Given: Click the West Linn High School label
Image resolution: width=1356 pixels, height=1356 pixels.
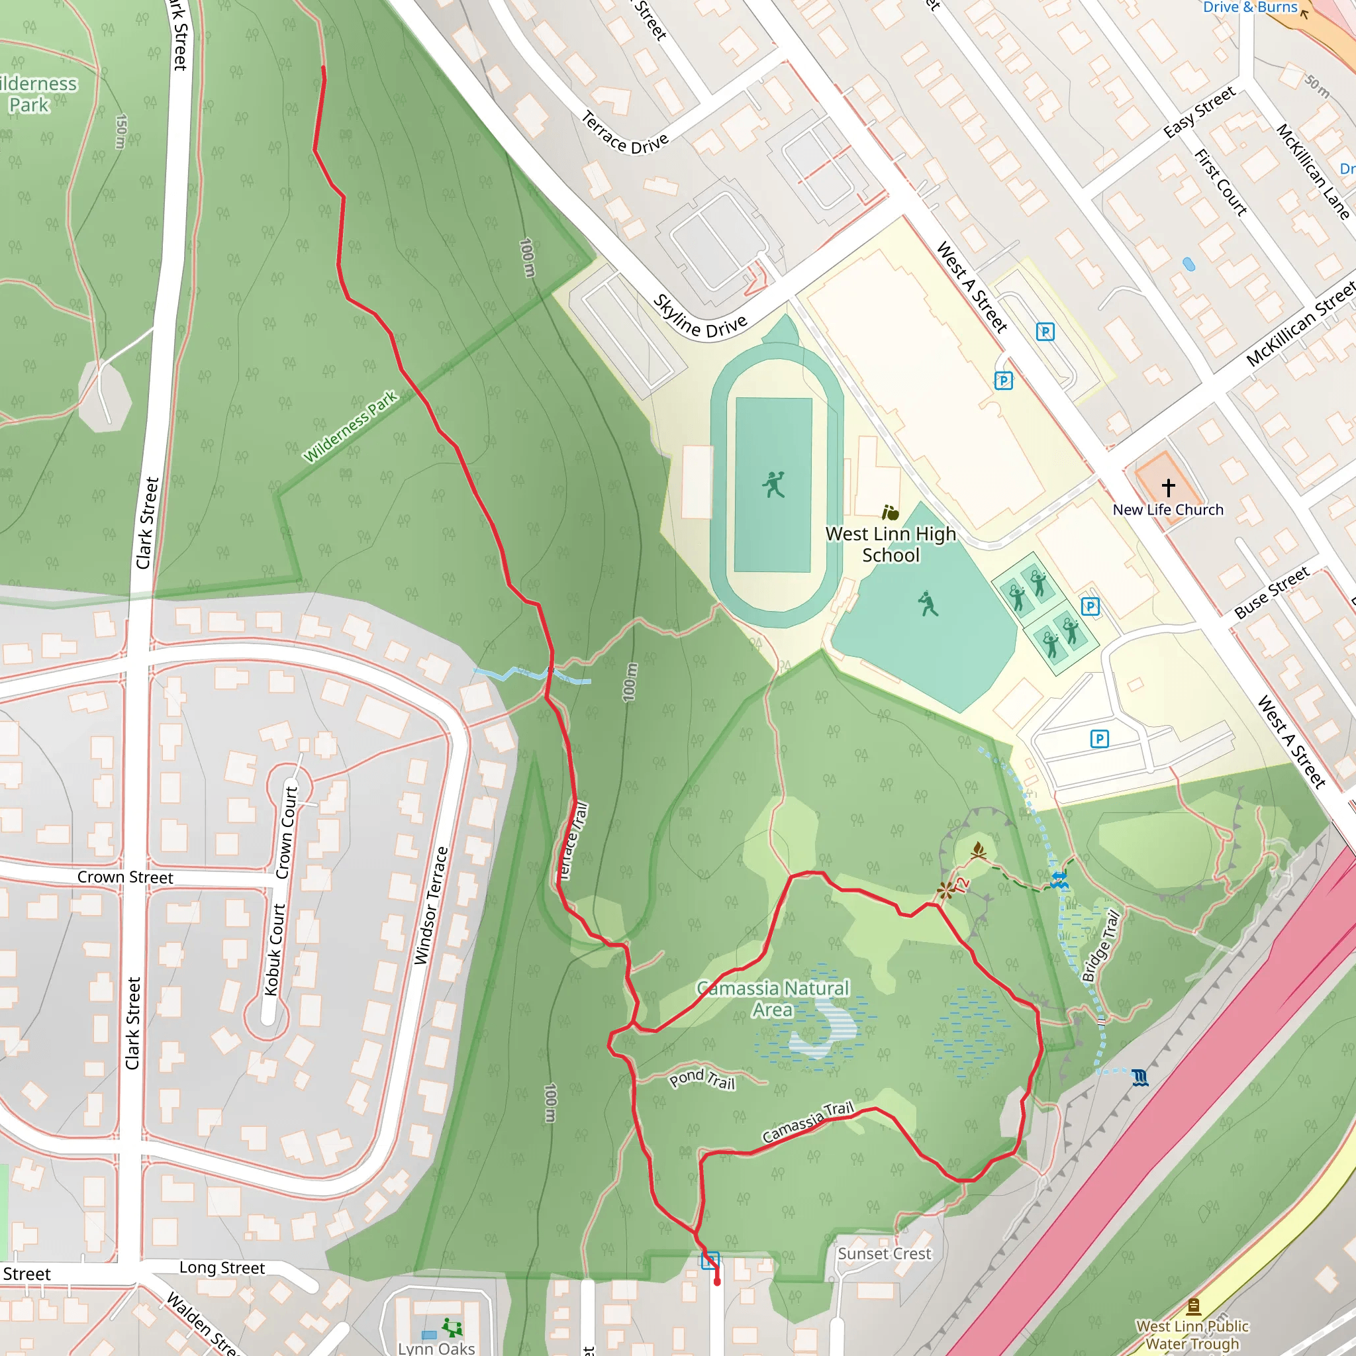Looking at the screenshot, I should pos(891,544).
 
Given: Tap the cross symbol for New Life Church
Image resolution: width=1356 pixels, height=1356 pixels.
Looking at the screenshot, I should pos(1168,487).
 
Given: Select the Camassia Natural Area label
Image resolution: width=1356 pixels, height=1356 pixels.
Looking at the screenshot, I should pos(773,998).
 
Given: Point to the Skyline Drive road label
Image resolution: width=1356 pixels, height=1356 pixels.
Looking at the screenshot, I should pos(700,317).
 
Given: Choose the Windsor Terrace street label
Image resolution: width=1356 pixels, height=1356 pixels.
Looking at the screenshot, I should pos(431,905).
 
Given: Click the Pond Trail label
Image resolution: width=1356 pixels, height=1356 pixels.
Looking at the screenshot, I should pos(702,1079).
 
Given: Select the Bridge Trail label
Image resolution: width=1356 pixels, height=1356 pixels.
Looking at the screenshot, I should pos(1100,945).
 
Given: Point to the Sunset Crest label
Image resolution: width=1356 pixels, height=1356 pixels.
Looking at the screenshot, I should pos(885,1253).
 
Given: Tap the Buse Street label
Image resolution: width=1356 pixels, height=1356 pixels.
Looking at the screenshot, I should pos(1272,593).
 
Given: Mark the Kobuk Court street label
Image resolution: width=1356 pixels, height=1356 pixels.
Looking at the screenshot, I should pos(275,949).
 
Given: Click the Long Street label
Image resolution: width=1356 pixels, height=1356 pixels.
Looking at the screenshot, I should pos(222,1267).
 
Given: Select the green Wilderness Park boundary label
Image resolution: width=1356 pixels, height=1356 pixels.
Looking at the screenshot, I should pos(350,426).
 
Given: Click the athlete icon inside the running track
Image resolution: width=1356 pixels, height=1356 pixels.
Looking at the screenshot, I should pos(773,484).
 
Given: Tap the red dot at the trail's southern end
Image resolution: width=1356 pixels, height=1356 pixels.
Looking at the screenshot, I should pos(716,1283).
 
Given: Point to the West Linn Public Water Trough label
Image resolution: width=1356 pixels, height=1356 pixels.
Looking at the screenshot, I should pos(1192,1334).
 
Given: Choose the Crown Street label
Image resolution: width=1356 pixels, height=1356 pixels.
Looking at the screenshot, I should pos(125,877).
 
